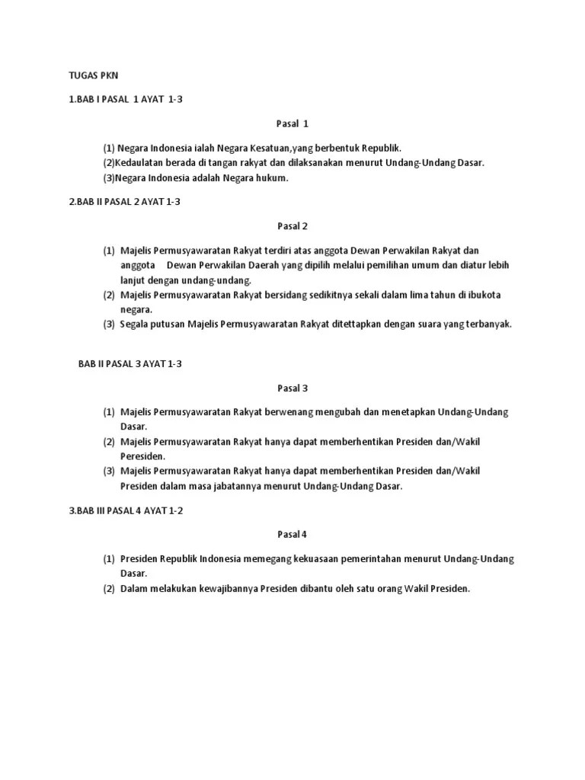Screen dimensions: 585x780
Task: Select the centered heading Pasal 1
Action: coord(292,123)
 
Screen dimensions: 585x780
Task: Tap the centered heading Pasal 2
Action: coord(292,226)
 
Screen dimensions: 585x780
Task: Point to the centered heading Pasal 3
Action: coord(292,388)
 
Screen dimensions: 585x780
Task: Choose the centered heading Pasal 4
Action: coord(292,535)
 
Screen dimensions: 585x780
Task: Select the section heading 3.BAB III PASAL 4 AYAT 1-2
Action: coord(126,510)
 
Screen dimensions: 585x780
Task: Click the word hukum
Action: coord(274,178)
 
